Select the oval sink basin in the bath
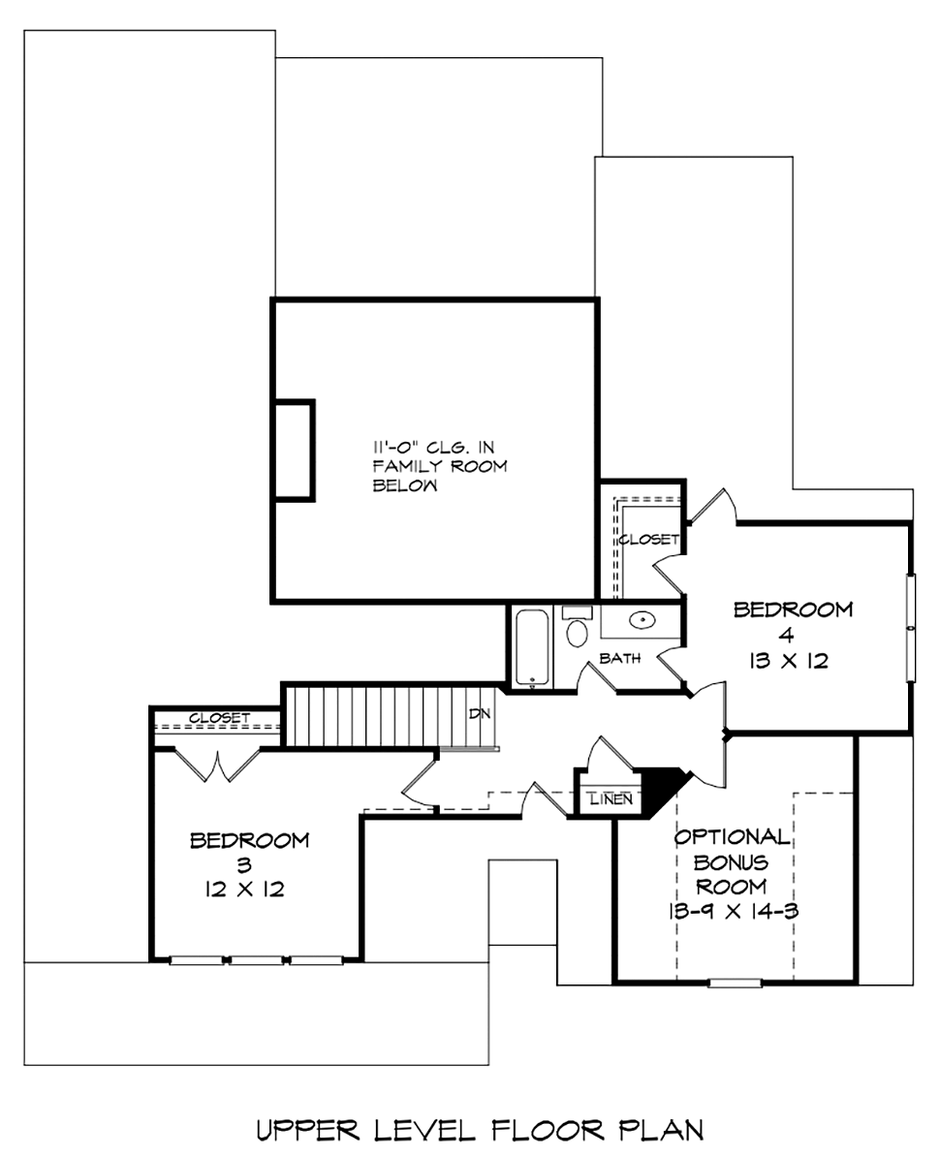coord(642,620)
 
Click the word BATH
coord(620,658)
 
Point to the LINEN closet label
coord(611,798)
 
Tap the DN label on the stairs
coord(480,713)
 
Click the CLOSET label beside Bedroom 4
coord(648,540)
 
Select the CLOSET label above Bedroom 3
coord(220,717)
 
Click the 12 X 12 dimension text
coord(245,890)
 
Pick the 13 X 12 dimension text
coord(789,661)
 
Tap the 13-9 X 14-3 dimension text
coord(734,911)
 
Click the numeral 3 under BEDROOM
coord(244,864)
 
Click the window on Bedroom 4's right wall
coord(911,627)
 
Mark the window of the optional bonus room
coord(735,982)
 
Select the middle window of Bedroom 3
coord(256,960)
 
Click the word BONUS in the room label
coord(731,861)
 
